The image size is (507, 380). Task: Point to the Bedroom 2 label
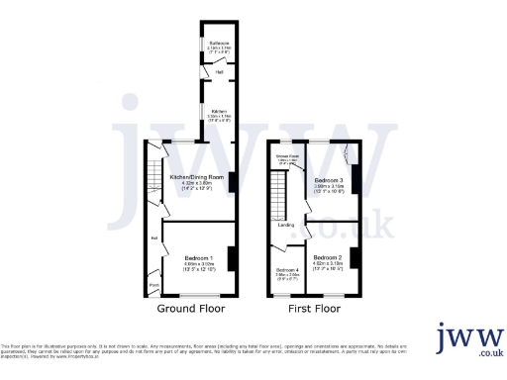click(x=327, y=258)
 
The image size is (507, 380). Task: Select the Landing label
click(x=286, y=225)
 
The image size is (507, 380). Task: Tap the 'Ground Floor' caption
click(x=190, y=309)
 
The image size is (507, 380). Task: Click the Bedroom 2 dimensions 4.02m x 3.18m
click(x=327, y=265)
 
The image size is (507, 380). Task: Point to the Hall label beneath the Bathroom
click(x=218, y=70)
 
